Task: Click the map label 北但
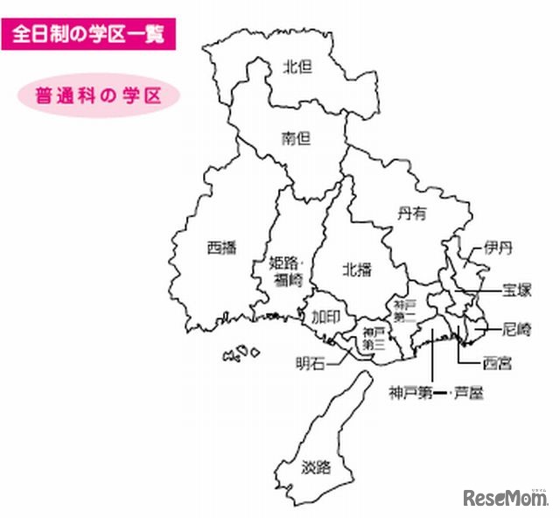pos(298,66)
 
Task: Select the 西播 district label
pos(222,247)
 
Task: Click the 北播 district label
pos(356,269)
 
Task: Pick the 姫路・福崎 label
pos(287,271)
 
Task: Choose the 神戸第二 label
pos(403,311)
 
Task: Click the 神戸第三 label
pos(374,337)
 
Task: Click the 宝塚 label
pos(517,290)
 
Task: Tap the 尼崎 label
pos(517,329)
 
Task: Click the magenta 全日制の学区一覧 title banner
pos(82,36)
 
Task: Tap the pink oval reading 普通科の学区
pos(98,94)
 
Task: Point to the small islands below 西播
pos(241,353)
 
